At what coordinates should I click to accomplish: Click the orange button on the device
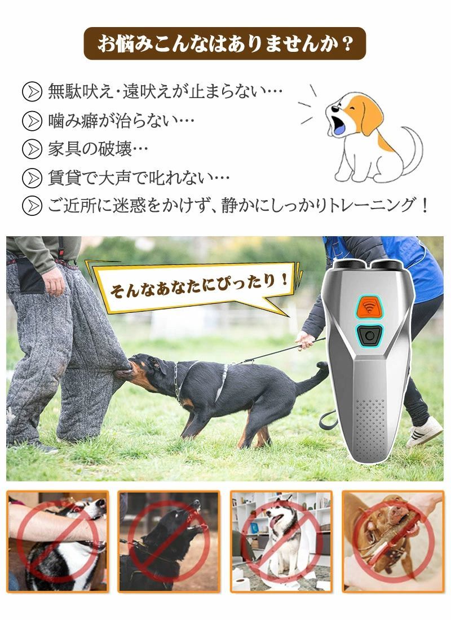point(369,307)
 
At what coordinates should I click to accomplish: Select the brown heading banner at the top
point(225,43)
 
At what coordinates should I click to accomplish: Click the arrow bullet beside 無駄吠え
point(32,92)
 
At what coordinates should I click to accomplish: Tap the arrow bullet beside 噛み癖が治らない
point(32,121)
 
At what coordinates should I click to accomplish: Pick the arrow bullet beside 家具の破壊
point(32,149)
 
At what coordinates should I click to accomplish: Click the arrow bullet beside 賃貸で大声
point(32,178)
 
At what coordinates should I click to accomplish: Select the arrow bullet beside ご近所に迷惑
point(32,206)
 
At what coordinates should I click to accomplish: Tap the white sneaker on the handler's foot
point(425,431)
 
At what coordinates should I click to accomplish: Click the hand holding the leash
point(304,340)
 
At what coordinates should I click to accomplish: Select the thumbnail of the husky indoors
point(281,541)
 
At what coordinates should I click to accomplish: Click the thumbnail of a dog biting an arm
point(58,541)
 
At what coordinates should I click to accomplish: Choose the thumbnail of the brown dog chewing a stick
point(393,541)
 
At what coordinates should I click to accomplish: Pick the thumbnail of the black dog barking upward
point(169,541)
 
